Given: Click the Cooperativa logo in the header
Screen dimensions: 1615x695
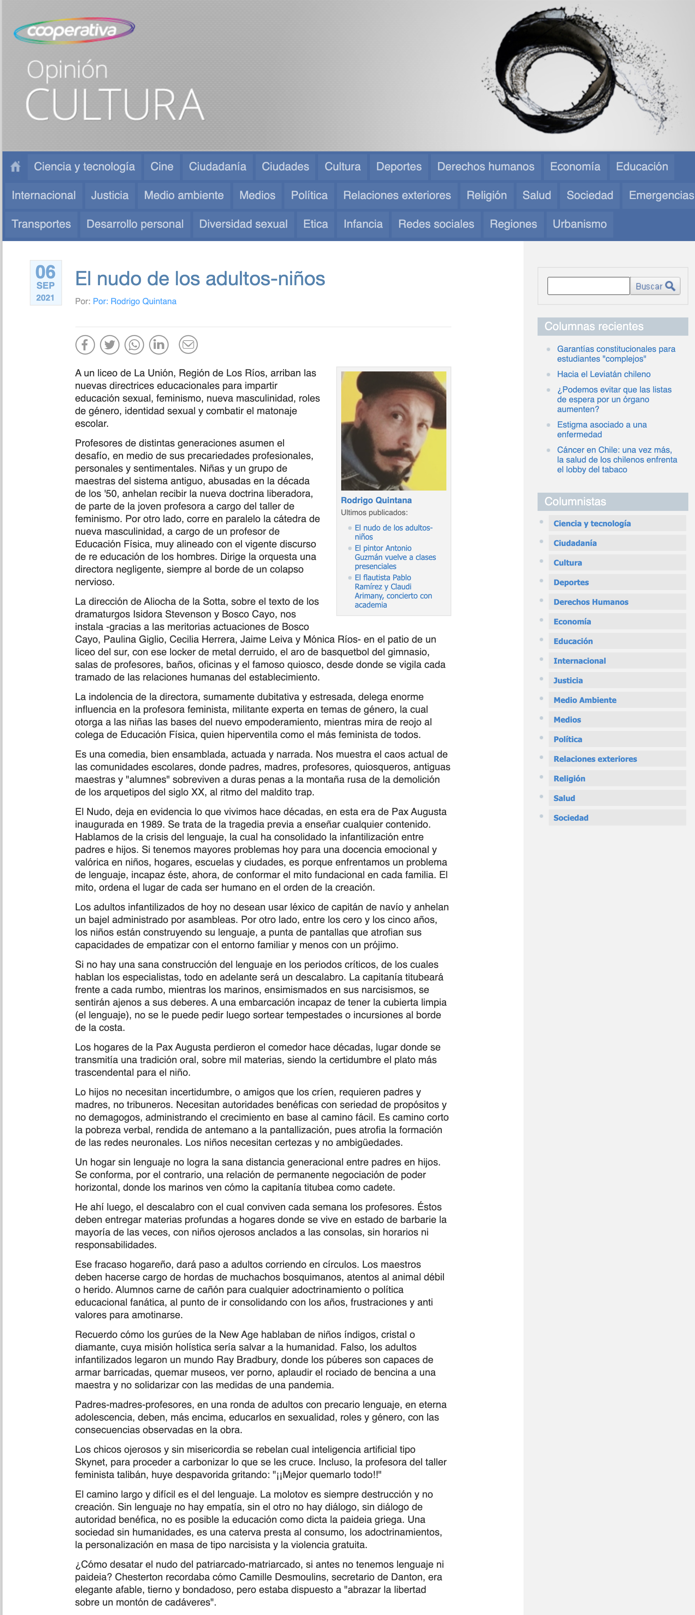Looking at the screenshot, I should coord(74,30).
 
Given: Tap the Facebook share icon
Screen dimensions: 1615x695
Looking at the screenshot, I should coord(85,345).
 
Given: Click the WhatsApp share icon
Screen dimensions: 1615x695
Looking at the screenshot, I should coord(134,345).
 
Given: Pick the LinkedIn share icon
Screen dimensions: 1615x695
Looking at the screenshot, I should coord(159,345).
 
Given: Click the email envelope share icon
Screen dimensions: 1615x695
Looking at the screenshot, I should coord(188,345).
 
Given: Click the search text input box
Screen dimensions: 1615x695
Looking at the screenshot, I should coord(588,286).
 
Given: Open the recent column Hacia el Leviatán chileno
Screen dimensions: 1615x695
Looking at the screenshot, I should coord(603,374).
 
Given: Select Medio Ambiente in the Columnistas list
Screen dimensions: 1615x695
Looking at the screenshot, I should coord(585,700).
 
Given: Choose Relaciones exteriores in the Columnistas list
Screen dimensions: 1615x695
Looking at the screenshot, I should coord(595,759).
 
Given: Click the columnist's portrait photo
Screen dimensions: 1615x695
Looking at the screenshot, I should coord(393,431).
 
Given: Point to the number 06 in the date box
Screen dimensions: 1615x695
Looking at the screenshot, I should coord(45,272).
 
